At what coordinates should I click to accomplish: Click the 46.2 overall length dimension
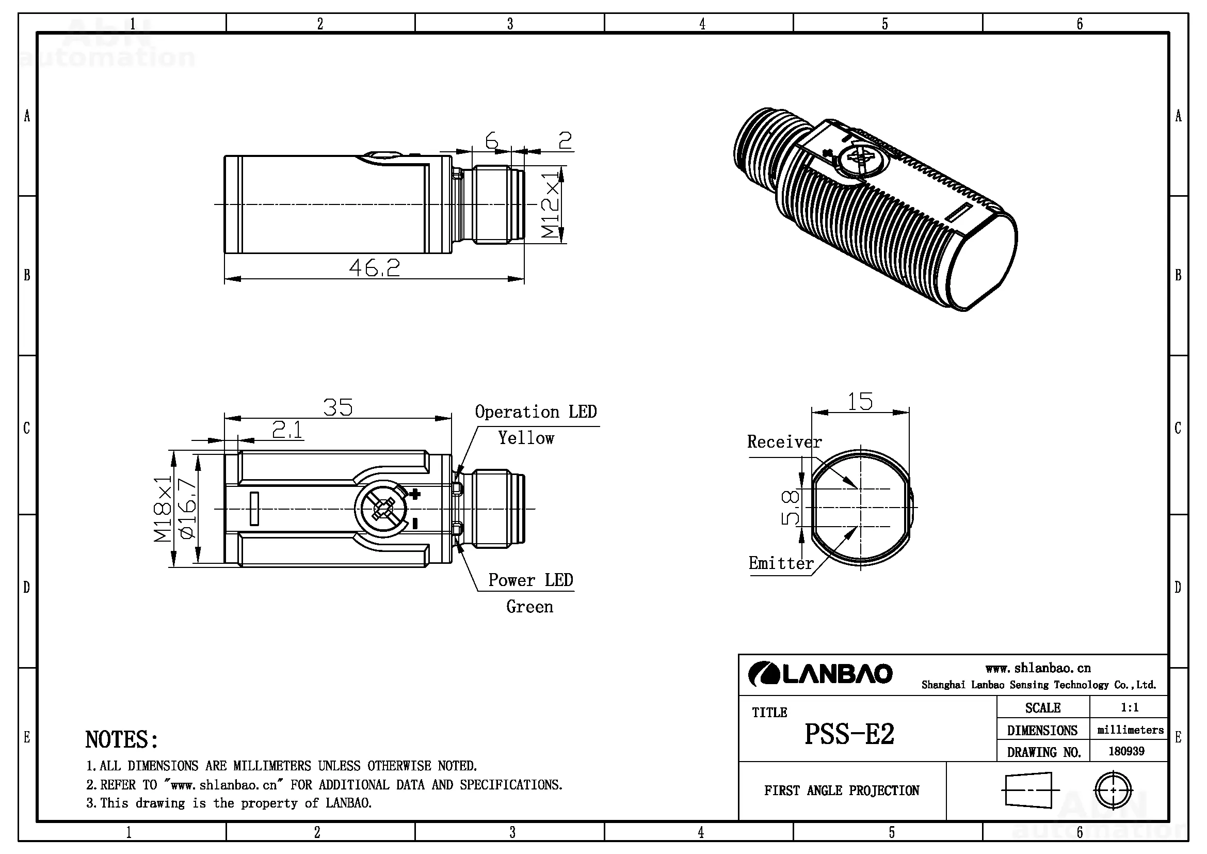pos(374,268)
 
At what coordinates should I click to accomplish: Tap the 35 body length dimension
pos(337,407)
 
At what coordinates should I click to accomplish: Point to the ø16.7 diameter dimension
pos(188,509)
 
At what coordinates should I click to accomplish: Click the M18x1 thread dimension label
pos(163,509)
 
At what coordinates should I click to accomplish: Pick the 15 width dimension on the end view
pos(860,402)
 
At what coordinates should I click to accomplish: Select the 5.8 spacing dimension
pos(790,508)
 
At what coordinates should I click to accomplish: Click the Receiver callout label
pos(784,442)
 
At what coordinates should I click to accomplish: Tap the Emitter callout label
pos(781,563)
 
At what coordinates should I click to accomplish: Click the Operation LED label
pos(536,412)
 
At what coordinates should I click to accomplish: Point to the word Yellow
pos(526,438)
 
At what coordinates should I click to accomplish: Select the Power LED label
pos(530,580)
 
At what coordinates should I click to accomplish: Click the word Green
pos(529,607)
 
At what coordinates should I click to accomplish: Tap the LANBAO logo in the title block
pos(820,674)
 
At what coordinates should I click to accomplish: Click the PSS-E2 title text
pos(849,734)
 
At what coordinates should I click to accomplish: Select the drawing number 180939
pos(1126,751)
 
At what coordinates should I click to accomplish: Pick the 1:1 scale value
pos(1129,707)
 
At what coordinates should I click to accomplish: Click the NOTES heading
pos(121,739)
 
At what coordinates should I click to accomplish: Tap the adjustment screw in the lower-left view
pos(383,509)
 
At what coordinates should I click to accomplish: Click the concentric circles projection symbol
pos(1113,790)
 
